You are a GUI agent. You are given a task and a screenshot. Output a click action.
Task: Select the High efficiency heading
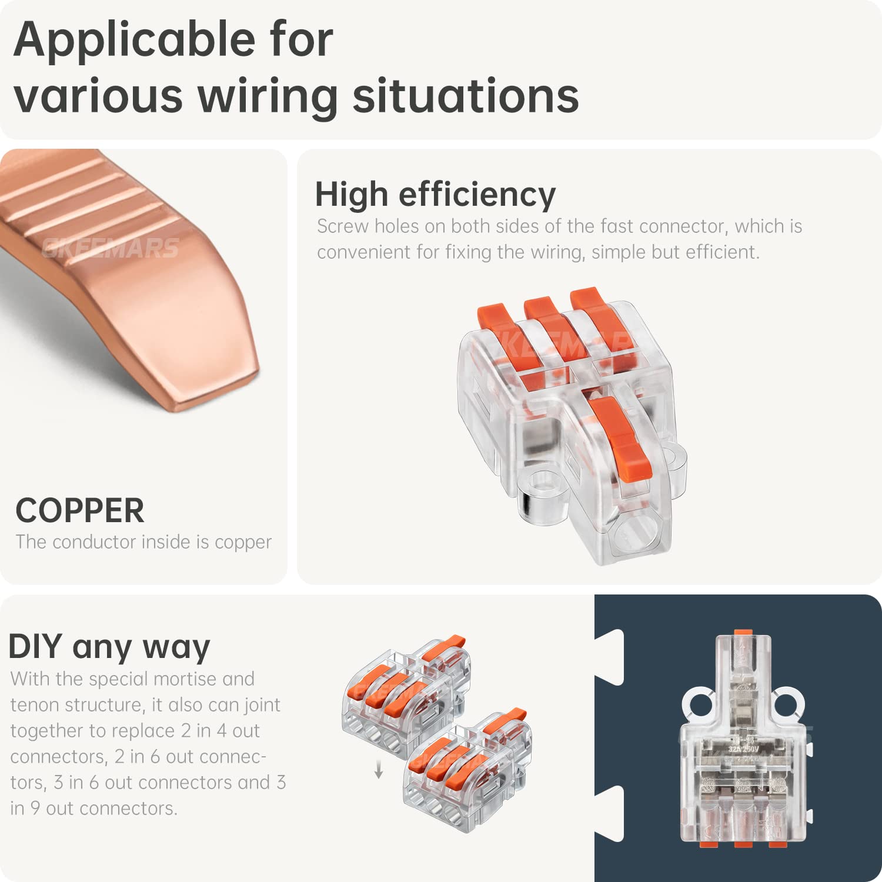(435, 194)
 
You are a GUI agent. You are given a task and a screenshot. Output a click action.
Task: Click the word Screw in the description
(342, 226)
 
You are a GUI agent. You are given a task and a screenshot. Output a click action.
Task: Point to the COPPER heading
(80, 510)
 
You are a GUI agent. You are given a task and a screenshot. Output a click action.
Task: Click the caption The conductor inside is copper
(143, 542)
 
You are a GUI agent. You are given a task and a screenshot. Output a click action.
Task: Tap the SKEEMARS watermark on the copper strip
(111, 248)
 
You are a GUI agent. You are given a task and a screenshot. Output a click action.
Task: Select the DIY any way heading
(109, 647)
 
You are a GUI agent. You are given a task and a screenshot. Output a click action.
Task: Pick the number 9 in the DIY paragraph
(35, 808)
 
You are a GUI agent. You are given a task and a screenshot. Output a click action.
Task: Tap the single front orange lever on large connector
(620, 435)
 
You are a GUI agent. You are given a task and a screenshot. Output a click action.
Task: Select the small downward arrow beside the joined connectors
(379, 770)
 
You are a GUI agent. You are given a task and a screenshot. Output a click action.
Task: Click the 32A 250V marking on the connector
(743, 750)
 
